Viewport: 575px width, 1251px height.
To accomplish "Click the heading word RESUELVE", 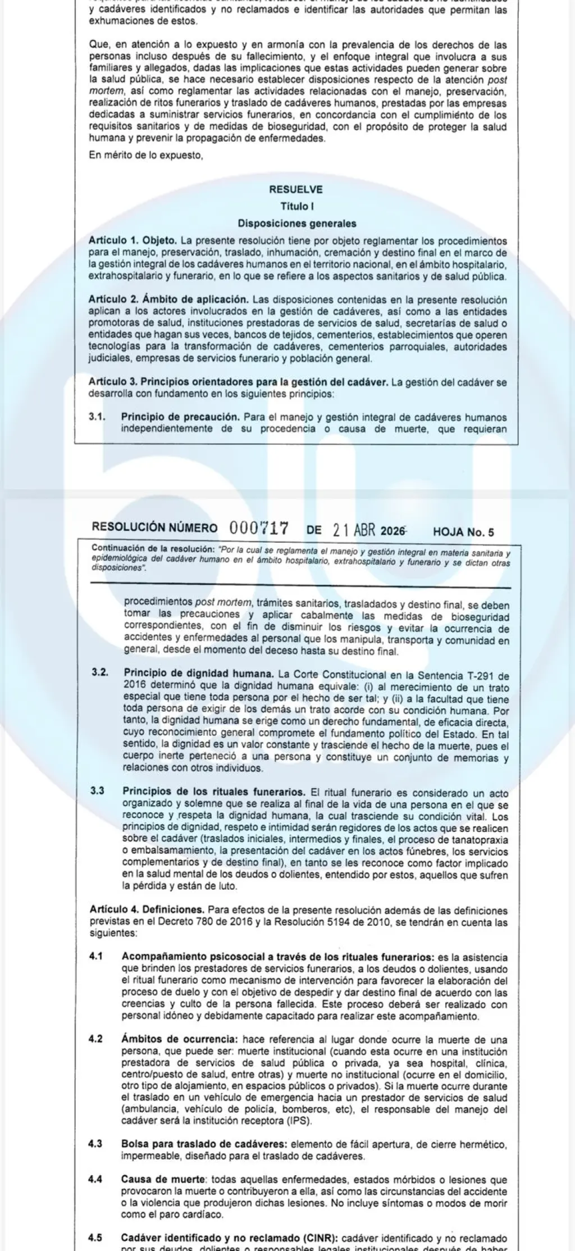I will coord(296,190).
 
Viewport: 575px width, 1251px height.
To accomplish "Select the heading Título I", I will coord(297,207).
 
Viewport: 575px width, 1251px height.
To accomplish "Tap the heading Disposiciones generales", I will coord(297,224).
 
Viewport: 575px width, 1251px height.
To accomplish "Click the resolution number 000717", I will coord(259,529).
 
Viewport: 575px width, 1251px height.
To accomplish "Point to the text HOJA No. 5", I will coord(463,532).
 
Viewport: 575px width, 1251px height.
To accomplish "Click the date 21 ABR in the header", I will coord(354,530).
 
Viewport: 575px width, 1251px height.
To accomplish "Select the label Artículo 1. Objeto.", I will coord(133,241).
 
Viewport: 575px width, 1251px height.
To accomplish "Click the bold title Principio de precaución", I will coord(180,417).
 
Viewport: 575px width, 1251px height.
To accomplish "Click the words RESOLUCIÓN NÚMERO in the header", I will coord(154,528).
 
